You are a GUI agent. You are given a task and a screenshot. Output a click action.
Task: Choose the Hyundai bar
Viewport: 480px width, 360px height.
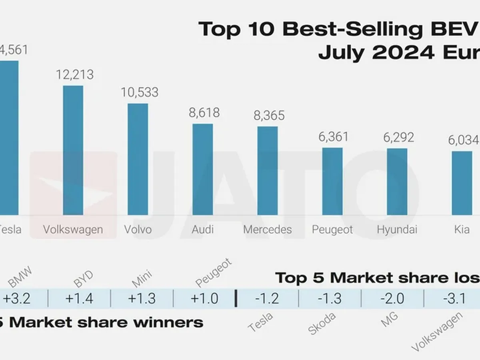[397, 182]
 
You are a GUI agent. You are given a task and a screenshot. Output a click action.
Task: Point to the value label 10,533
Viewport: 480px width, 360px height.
[140, 92]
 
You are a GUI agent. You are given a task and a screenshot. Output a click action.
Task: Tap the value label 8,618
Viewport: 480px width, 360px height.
[204, 112]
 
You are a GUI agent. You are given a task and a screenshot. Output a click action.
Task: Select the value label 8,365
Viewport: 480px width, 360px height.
[269, 116]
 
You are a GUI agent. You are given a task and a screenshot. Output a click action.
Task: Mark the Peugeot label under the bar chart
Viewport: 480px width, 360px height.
[332, 230]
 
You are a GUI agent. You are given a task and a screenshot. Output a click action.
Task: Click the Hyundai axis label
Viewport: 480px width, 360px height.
[397, 230]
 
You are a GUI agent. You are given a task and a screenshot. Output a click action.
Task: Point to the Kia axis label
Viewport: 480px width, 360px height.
[462, 230]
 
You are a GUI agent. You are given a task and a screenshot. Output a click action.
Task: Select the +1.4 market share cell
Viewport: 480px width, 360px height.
[79, 298]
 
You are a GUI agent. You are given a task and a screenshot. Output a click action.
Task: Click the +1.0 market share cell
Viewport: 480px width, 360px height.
[204, 298]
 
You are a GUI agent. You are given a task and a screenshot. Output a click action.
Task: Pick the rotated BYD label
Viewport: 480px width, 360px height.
[84, 279]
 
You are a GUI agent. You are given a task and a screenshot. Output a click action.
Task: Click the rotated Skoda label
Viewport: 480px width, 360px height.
[322, 323]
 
